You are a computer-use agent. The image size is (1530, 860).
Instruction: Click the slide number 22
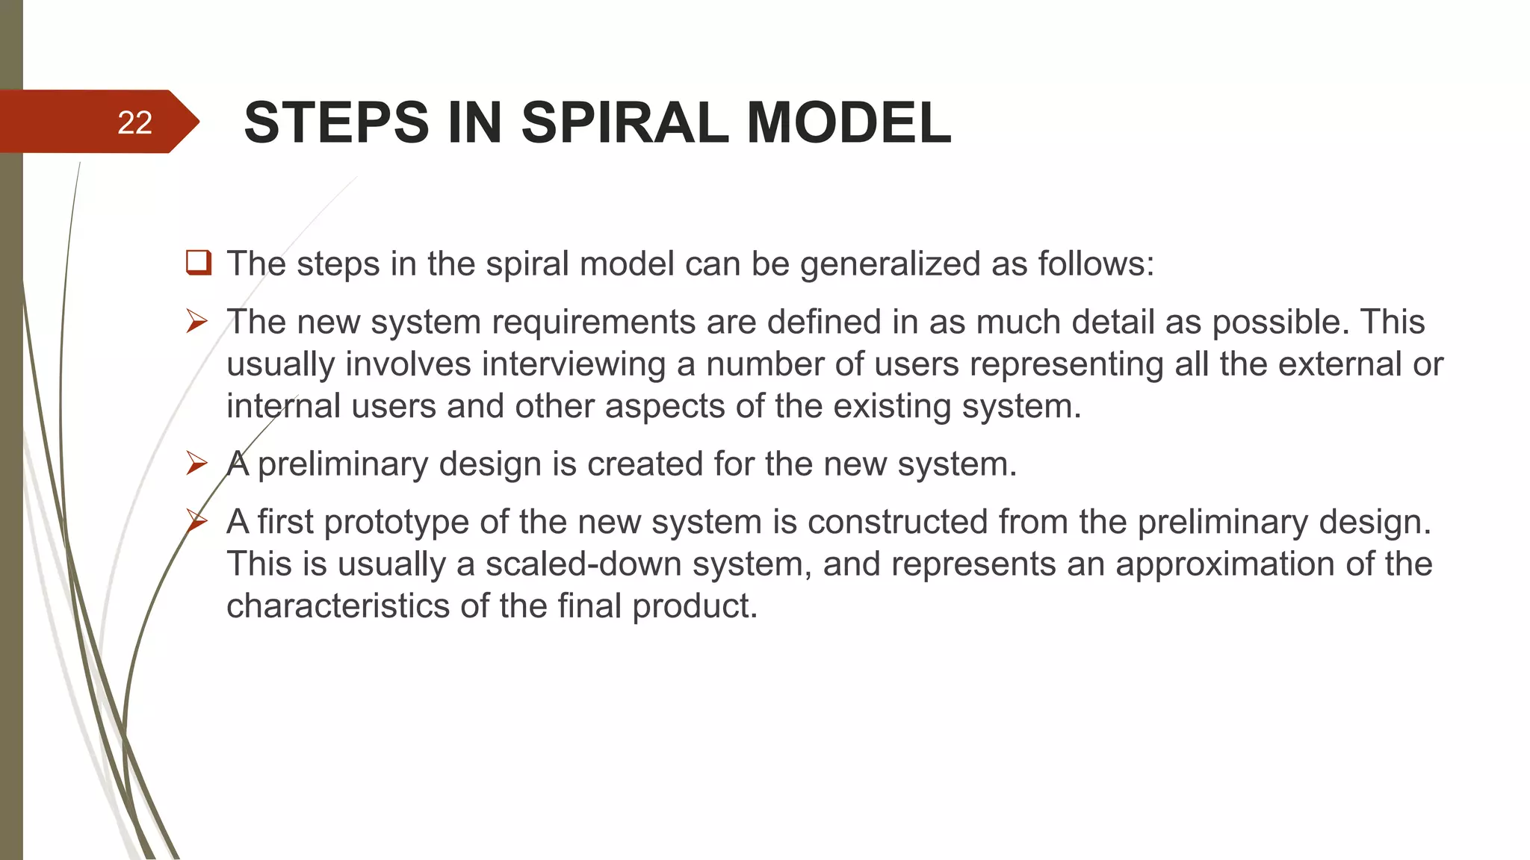[134, 122]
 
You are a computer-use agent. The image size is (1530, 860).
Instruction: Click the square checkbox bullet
[199, 263]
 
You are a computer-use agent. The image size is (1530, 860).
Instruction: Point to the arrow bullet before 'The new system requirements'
[197, 322]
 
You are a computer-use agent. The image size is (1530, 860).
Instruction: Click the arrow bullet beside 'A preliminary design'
[197, 464]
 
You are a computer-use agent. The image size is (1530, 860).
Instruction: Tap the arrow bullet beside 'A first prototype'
[197, 521]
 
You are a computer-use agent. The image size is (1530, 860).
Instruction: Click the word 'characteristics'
[338, 605]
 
